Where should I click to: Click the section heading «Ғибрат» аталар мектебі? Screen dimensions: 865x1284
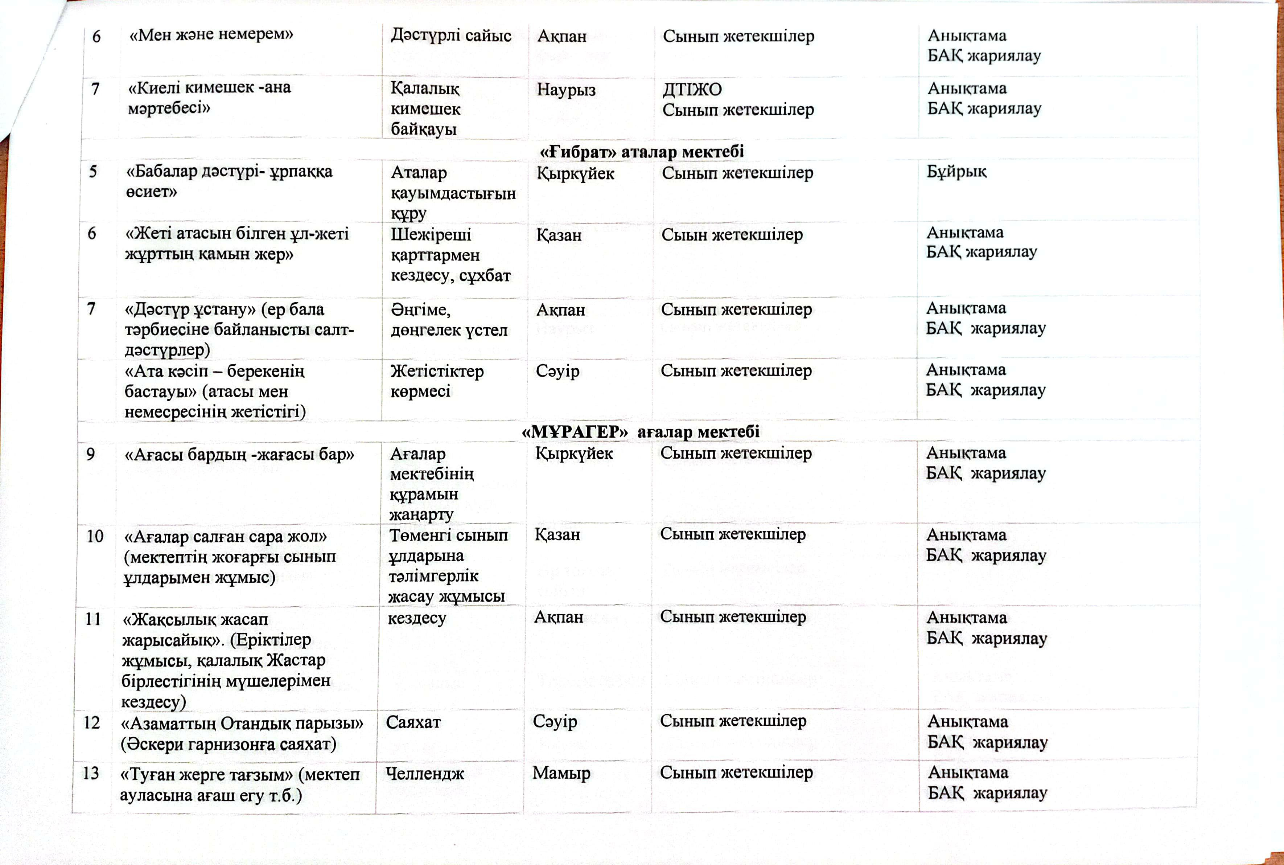(641, 151)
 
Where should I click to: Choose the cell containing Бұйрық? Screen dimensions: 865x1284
(956, 172)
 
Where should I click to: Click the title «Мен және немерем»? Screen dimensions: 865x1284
(211, 34)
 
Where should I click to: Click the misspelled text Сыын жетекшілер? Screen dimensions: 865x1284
(732, 234)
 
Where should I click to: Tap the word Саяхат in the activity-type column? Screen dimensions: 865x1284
(413, 722)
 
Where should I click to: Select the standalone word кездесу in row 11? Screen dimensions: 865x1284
(416, 618)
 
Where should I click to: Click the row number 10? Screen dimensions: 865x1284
(94, 536)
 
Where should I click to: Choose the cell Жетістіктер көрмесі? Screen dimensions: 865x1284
(437, 381)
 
